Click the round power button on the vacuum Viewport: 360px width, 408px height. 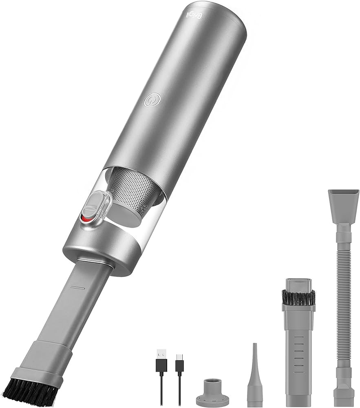pyautogui.click(x=152, y=100)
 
